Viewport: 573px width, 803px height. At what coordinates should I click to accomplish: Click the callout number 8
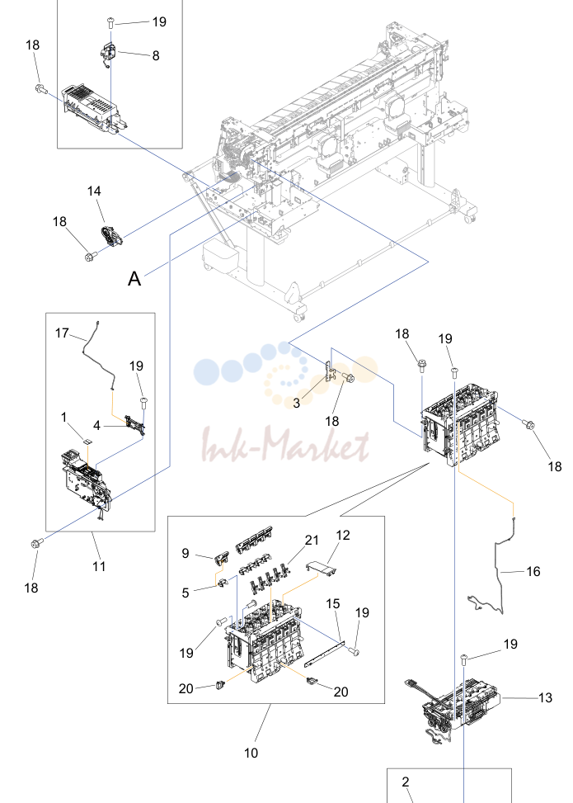click(x=156, y=55)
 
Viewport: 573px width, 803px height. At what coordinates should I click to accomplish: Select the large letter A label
click(x=134, y=279)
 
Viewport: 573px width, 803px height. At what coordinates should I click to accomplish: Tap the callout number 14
click(x=94, y=191)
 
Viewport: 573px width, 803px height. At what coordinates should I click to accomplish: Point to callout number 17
click(x=62, y=333)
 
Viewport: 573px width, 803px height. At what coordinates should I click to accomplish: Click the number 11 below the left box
click(x=99, y=566)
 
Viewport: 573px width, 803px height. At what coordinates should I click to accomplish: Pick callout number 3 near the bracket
click(x=296, y=403)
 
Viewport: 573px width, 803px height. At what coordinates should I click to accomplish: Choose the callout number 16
click(x=533, y=571)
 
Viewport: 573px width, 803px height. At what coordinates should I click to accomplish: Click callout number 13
click(x=545, y=697)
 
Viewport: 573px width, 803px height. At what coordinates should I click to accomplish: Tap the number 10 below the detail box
click(x=251, y=753)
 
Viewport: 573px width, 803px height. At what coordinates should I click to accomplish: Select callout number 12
click(x=343, y=535)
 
